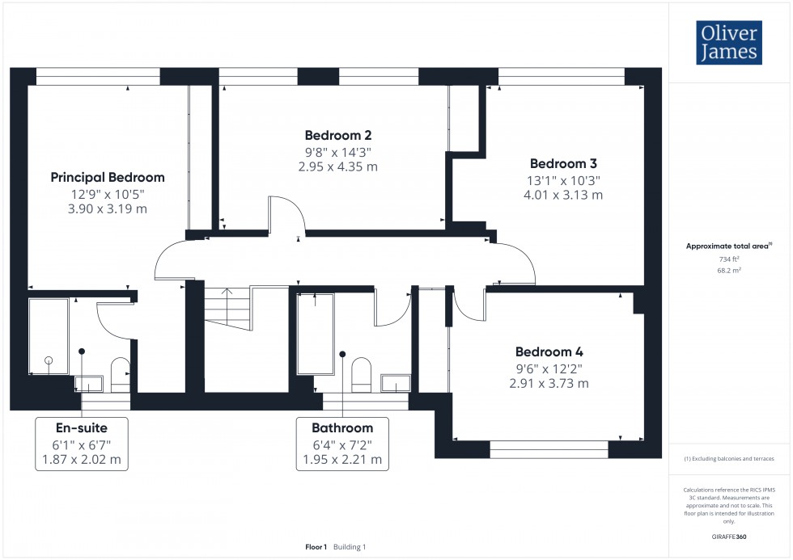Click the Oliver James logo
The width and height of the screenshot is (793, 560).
[730, 44]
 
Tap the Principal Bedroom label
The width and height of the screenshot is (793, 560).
[108, 177]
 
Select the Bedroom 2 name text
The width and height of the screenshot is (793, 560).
[338, 135]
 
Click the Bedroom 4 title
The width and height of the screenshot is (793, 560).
[549, 352]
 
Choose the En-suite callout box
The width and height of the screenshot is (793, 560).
[82, 444]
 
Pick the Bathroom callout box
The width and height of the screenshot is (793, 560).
[342, 444]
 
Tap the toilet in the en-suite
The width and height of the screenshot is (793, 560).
[120, 374]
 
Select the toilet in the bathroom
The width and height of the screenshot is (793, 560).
[361, 374]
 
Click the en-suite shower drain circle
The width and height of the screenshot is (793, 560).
[49, 360]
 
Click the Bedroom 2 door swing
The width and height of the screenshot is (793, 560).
[285, 215]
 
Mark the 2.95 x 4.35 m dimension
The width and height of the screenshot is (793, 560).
[338, 167]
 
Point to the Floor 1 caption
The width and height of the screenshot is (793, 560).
[316, 547]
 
